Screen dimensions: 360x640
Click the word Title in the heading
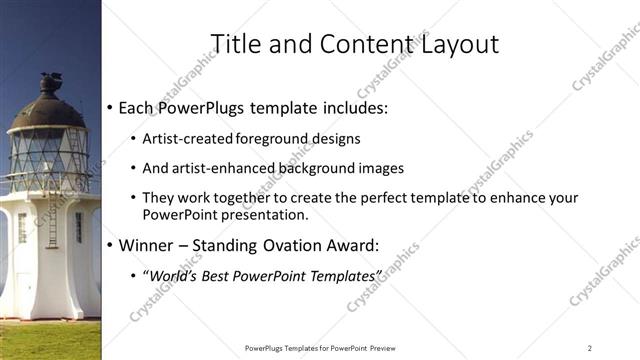click(233, 44)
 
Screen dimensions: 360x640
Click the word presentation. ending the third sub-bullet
click(256, 214)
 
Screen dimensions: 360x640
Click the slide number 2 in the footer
click(590, 348)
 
